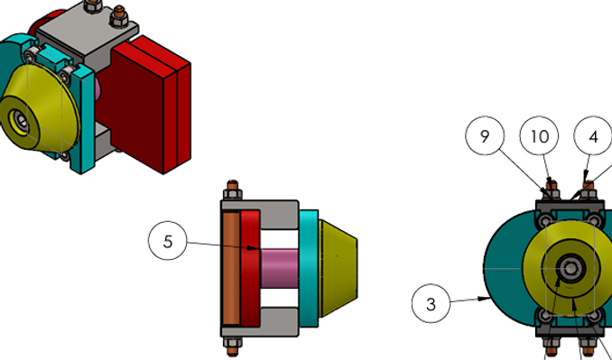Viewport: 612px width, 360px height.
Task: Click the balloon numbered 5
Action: pos(167,241)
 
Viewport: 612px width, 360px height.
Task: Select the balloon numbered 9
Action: pos(485,135)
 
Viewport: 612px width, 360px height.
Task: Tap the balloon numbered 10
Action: pos(539,135)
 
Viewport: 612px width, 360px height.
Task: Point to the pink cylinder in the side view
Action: pos(280,269)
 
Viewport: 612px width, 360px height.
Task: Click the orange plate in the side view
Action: pos(231,268)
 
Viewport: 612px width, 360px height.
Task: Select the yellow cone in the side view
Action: pos(338,268)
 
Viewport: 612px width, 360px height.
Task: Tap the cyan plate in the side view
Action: pos(309,268)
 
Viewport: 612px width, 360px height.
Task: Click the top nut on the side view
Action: pos(233,194)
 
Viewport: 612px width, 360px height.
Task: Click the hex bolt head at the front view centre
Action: pos(570,268)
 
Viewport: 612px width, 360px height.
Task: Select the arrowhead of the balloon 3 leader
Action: pos(485,299)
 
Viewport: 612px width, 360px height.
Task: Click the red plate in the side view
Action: pos(250,268)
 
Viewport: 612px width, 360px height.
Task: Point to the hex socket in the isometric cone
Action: pos(21,120)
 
